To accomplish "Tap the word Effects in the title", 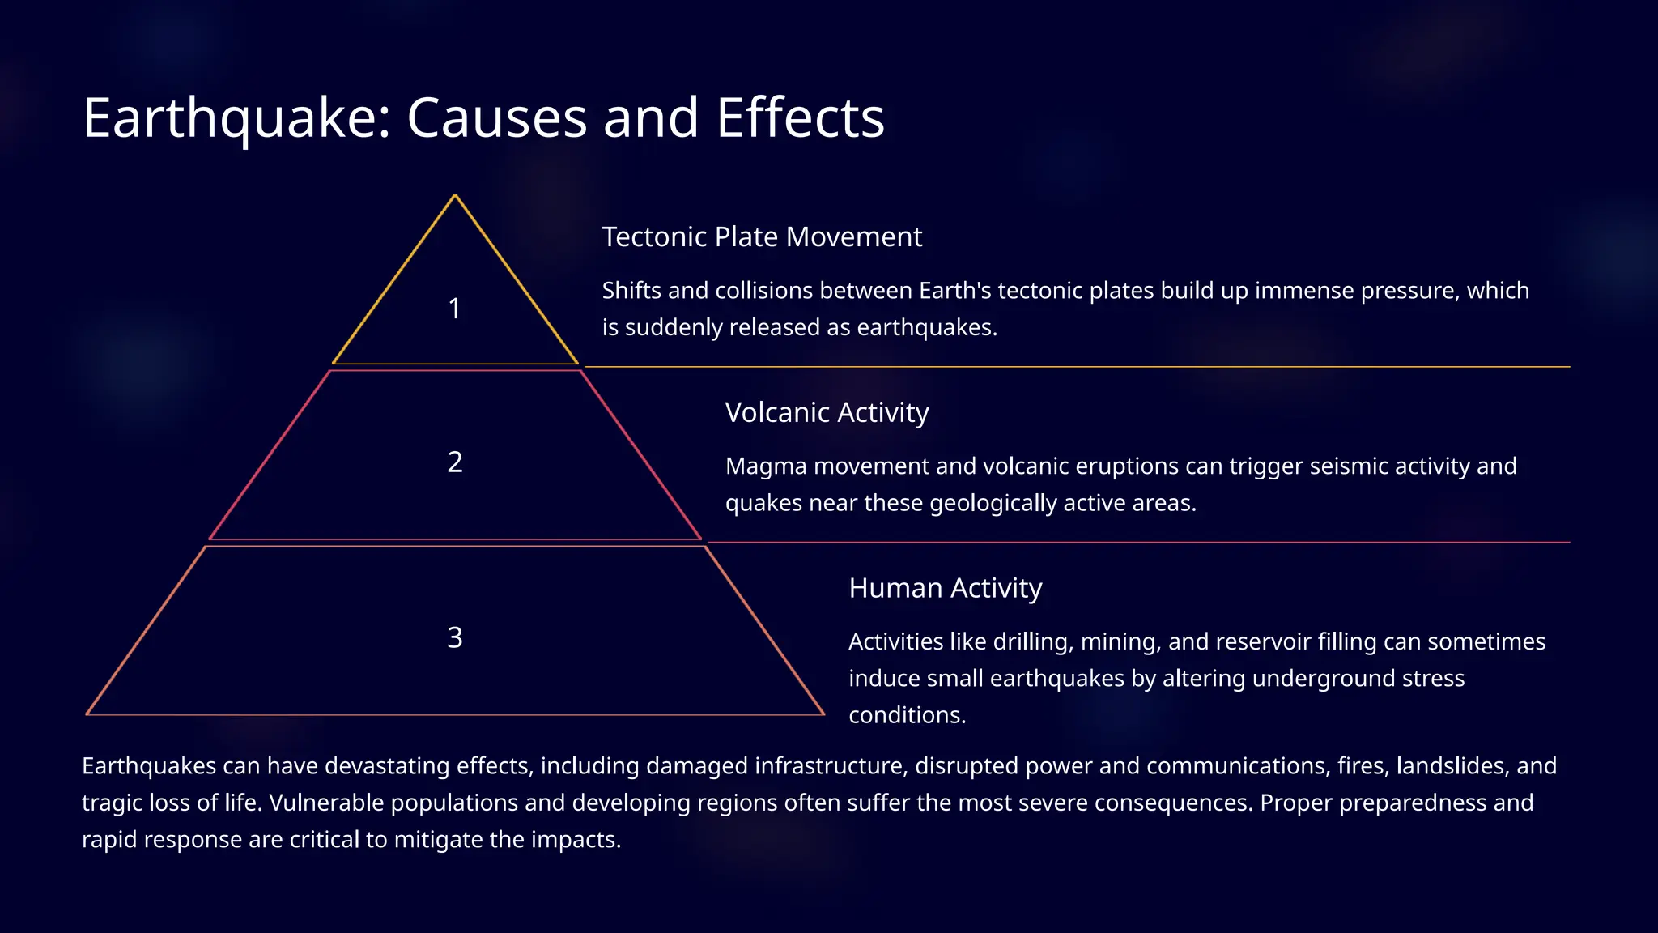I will coord(800,118).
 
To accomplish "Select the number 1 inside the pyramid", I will coord(455,309).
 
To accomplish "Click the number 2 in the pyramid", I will coord(455,462).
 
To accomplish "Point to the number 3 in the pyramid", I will coord(455,638).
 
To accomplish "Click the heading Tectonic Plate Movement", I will coord(762,237).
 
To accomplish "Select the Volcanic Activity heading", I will coord(827,413).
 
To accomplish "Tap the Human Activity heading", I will coord(945,588).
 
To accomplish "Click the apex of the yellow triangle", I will coord(455,196).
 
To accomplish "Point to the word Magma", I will coord(766,467).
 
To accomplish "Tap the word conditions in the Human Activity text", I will coord(907,716).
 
